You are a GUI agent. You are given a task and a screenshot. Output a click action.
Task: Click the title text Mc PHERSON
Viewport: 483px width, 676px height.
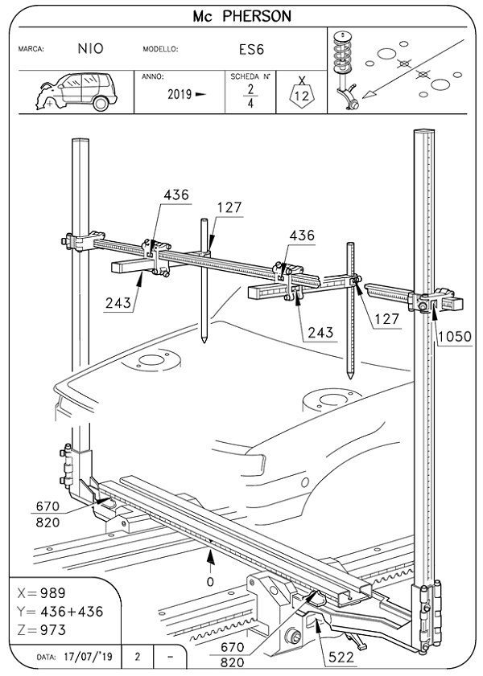pos(242,16)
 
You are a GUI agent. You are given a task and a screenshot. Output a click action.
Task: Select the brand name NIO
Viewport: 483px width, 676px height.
pos(90,48)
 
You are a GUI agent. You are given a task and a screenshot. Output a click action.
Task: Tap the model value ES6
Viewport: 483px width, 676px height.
pos(251,48)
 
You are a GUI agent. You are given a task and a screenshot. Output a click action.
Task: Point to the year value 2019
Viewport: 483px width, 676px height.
pos(180,94)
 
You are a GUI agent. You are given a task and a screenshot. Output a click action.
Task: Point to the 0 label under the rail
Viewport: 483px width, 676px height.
pos(210,578)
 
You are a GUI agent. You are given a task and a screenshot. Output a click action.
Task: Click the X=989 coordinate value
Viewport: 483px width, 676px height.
pos(45,592)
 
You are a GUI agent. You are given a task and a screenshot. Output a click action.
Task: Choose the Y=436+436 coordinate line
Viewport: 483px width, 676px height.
pos(60,611)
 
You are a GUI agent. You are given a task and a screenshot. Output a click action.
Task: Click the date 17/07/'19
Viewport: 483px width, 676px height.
pos(89,657)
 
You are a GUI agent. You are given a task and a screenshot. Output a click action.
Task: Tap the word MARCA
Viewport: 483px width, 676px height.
pos(31,49)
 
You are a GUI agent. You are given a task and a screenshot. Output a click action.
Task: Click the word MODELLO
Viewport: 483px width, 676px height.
pos(159,49)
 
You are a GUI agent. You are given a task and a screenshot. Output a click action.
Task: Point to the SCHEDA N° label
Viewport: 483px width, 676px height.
pos(250,76)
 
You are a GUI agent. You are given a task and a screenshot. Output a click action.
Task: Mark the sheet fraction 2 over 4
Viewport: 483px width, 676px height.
pos(250,96)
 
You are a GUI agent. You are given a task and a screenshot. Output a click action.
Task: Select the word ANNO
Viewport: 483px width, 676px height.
pos(153,76)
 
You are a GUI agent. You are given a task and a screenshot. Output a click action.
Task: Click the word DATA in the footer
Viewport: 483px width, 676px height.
pos(46,658)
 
